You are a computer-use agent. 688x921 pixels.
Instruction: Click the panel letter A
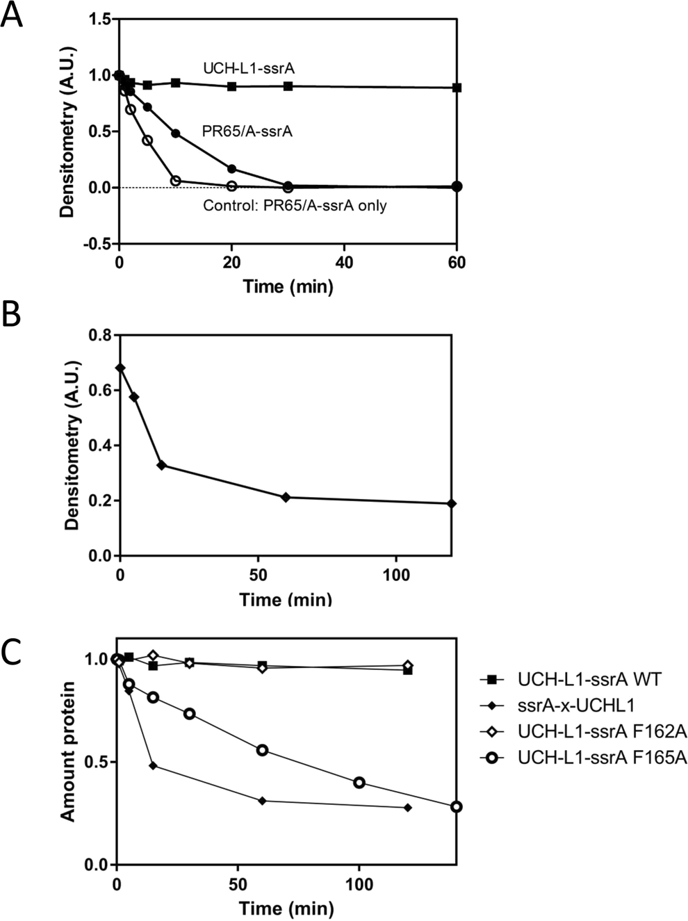[12, 15]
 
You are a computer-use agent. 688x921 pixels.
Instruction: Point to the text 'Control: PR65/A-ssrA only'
[295, 206]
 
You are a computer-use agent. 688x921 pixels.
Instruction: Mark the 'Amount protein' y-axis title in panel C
[68, 752]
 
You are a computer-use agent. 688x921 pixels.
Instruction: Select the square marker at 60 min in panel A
[457, 88]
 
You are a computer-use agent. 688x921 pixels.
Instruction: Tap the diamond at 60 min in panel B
[286, 497]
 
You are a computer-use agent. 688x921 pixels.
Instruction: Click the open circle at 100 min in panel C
[359, 783]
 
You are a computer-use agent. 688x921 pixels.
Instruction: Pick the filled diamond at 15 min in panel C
[153, 765]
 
